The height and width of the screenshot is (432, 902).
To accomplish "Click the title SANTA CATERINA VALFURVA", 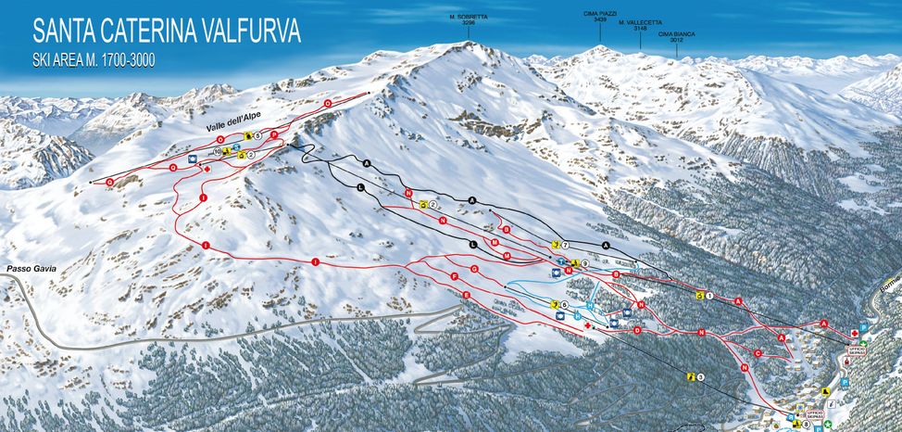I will [167, 31].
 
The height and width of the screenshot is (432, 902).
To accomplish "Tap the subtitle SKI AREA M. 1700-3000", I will [94, 60].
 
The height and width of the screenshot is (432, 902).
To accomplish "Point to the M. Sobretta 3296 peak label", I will [468, 19].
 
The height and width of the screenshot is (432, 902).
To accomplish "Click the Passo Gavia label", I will [31, 268].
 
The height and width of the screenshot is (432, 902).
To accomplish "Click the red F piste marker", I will [455, 277].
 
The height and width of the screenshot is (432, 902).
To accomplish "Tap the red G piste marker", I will [474, 269].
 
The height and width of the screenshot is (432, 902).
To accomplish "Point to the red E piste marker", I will [466, 295].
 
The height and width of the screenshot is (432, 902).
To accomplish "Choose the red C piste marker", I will [758, 353].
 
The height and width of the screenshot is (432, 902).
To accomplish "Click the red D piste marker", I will [637, 329].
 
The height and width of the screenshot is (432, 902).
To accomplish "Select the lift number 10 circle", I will [217, 151].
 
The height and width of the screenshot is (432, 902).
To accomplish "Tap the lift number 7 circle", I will [564, 244].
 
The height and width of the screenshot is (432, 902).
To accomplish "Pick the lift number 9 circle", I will [584, 264].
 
